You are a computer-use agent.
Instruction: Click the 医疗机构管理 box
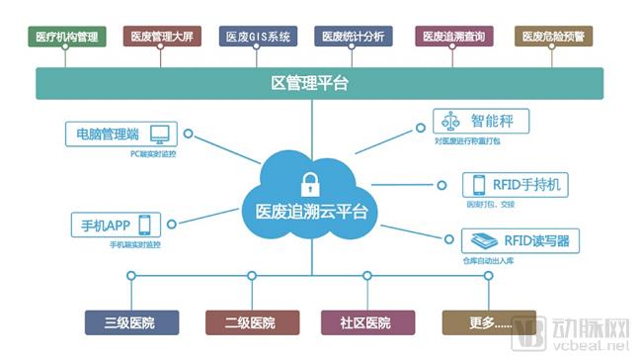(66, 38)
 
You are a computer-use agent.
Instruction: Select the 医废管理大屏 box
(162, 38)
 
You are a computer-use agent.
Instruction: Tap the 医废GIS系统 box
(258, 38)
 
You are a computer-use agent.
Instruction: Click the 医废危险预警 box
(552, 38)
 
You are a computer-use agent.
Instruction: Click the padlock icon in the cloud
(310, 183)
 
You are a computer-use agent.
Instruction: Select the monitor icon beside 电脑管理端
(159, 134)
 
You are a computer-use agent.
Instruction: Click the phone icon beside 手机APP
(145, 224)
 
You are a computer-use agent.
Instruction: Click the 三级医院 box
(131, 322)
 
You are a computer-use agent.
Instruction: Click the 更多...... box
(477, 322)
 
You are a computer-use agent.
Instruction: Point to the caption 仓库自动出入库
(492, 260)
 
